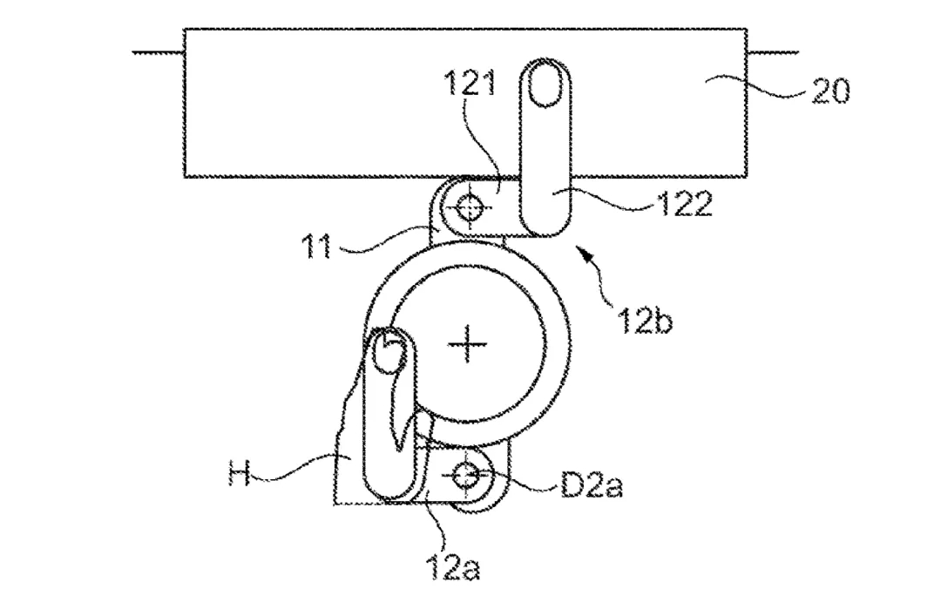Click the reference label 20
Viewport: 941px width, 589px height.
pos(830,91)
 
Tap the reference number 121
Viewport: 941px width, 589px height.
pos(470,83)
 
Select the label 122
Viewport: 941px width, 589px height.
pos(686,204)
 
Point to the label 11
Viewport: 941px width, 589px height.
pos(316,246)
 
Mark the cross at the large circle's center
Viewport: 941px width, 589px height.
pos(468,344)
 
